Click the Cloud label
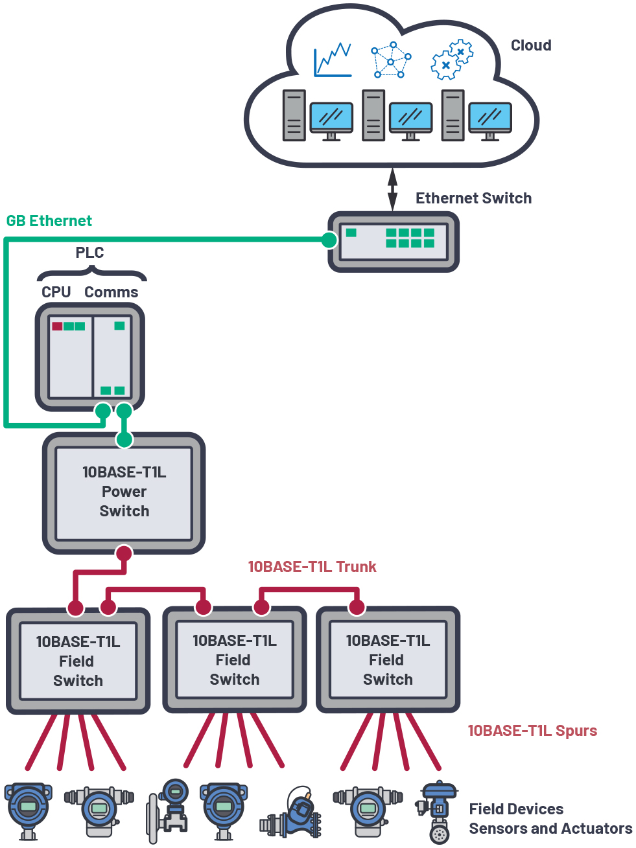tap(530, 45)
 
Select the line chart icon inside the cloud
tap(333, 60)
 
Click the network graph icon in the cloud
tap(390, 60)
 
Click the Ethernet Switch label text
tap(473, 198)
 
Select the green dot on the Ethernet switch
tap(329, 240)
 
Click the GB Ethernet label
tap(49, 221)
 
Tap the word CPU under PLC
tap(56, 292)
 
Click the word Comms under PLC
tap(111, 292)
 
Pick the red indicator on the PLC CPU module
tap(57, 326)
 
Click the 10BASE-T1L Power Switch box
tap(124, 492)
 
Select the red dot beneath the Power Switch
tap(124, 553)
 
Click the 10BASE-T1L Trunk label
tap(312, 567)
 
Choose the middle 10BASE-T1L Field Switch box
tap(234, 660)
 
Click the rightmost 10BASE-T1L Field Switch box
tap(388, 660)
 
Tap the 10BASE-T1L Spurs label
tap(532, 731)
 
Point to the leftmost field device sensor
tap(28, 810)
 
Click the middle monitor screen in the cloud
tap(410, 119)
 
